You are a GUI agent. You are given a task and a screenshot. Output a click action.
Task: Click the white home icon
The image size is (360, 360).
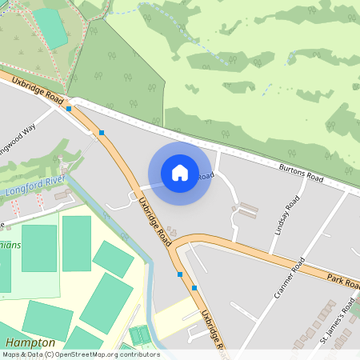click(180, 173)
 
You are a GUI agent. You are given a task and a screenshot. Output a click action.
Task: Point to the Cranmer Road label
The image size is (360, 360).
click(289, 277)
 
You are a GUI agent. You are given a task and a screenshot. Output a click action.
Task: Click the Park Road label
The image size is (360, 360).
click(342, 280)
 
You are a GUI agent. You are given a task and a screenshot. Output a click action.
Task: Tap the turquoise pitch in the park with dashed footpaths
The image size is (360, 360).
click(50, 28)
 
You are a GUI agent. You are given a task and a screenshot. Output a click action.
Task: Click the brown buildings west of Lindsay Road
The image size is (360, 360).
click(246, 211)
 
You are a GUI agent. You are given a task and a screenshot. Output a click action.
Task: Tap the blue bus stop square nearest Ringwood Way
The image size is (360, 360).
click(70, 108)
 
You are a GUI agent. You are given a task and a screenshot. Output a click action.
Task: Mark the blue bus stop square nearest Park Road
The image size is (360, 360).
click(194, 288)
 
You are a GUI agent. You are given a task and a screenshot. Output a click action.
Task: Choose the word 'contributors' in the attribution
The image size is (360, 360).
click(138, 354)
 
